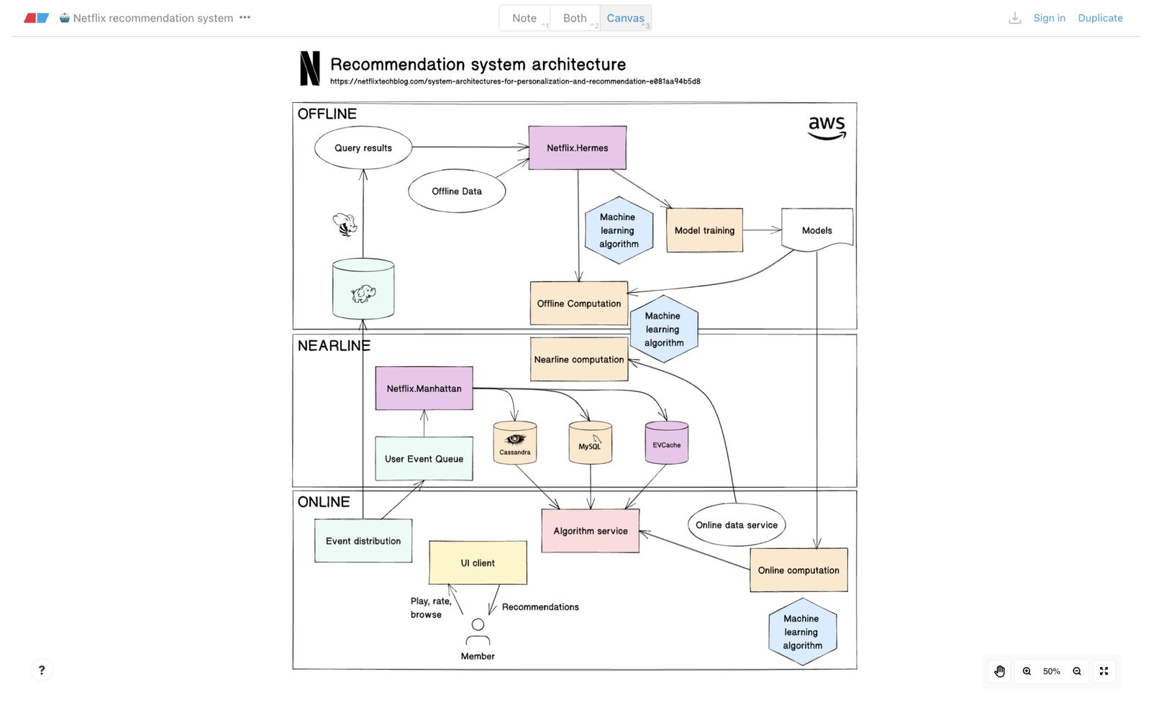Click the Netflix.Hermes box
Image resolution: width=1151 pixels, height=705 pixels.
tap(577, 148)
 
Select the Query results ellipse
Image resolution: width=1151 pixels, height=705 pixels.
tap(363, 148)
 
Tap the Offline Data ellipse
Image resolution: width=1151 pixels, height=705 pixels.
tap(457, 191)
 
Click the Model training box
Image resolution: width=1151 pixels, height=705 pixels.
tap(704, 230)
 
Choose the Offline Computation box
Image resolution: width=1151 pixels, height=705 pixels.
tap(578, 304)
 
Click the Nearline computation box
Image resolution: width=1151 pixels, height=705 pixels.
tap(578, 360)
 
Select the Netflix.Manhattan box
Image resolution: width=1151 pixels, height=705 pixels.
tap(424, 388)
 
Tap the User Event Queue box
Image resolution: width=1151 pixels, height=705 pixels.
tap(424, 459)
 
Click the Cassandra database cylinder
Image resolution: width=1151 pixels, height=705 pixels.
tap(515, 443)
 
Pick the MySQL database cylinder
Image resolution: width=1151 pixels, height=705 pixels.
tap(590, 443)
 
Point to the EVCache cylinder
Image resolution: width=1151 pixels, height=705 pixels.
tap(667, 443)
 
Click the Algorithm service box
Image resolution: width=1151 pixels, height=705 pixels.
tap(590, 531)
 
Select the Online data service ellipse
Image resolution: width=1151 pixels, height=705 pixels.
tap(736, 525)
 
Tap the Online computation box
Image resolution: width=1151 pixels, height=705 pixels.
tap(799, 570)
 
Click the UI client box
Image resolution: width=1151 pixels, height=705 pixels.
tap(478, 563)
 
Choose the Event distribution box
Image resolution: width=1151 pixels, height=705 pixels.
tap(363, 541)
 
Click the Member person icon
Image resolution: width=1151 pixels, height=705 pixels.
tap(478, 632)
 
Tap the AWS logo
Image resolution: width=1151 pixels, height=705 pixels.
tap(827, 127)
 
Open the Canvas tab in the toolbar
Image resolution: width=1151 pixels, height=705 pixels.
tap(625, 18)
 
